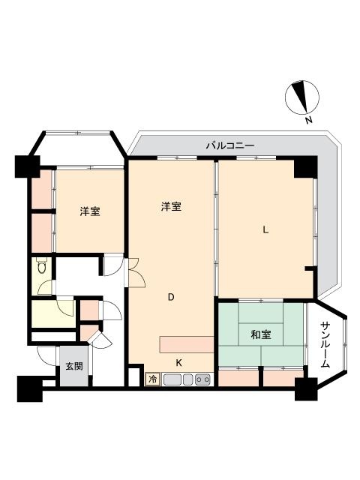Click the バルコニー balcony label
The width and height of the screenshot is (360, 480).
coord(229,145)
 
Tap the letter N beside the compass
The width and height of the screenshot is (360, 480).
coord(309,120)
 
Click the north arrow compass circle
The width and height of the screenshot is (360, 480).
coord(302,97)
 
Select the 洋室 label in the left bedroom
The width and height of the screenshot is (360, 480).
coord(90,211)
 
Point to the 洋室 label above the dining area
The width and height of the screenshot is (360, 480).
coord(171,206)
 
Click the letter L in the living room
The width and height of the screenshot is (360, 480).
coord(265,229)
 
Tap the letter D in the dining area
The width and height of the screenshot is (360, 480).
coord(171,297)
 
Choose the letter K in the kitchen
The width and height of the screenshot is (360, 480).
coord(179,363)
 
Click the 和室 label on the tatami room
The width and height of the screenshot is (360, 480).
coord(261,335)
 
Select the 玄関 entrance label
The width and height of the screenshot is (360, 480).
coord(74,366)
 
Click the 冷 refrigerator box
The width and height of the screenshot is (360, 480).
coord(152,379)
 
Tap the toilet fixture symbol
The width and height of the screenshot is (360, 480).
coord(41,265)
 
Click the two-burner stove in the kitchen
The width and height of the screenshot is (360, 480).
coord(202,379)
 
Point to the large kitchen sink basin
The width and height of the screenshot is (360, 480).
coord(172,379)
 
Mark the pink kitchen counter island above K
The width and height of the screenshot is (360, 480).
coord(187,344)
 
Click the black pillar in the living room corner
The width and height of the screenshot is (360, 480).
coord(305,166)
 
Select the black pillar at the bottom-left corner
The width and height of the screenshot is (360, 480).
coord(29,388)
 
